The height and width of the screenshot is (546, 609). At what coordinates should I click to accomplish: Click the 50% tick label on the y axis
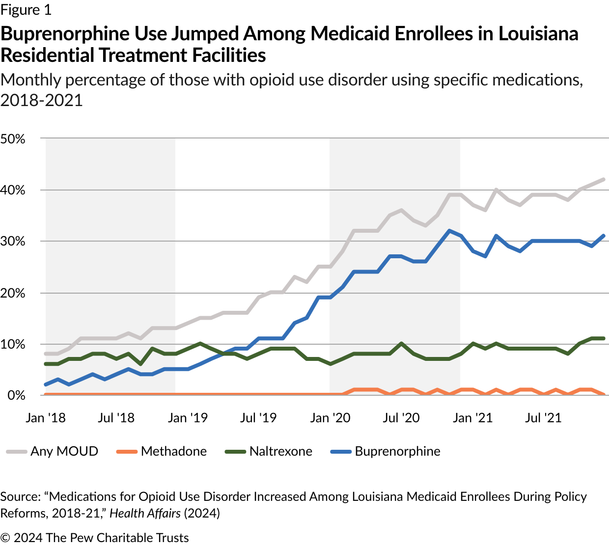coord(13,139)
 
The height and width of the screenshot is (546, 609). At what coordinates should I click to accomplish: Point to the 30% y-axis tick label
coord(13,242)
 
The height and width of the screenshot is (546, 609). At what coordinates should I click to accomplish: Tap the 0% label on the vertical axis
coord(16,395)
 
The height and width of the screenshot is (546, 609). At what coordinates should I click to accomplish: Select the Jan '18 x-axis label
coord(46,418)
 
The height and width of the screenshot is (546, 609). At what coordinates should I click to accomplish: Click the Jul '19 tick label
coord(258,418)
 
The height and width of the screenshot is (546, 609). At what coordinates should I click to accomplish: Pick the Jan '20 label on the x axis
coord(330,418)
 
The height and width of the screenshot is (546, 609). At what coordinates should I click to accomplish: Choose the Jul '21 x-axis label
coord(543,418)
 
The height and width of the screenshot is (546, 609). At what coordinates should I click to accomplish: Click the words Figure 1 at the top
coord(26,10)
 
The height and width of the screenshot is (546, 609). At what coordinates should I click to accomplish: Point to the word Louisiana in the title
coord(538,34)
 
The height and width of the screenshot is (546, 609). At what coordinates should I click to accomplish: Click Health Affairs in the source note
coord(145,513)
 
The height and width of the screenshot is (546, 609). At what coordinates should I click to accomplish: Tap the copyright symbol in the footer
coord(5,538)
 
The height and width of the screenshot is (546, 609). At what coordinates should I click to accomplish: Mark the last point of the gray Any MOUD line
coord(604,180)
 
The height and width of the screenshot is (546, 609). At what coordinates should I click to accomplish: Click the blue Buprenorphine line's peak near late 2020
coord(448,231)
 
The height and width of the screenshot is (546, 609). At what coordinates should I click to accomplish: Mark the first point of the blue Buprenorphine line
coord(46,384)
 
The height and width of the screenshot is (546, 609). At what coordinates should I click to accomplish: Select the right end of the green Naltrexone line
coord(604,338)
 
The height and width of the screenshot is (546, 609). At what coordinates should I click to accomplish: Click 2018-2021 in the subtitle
coord(41,100)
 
